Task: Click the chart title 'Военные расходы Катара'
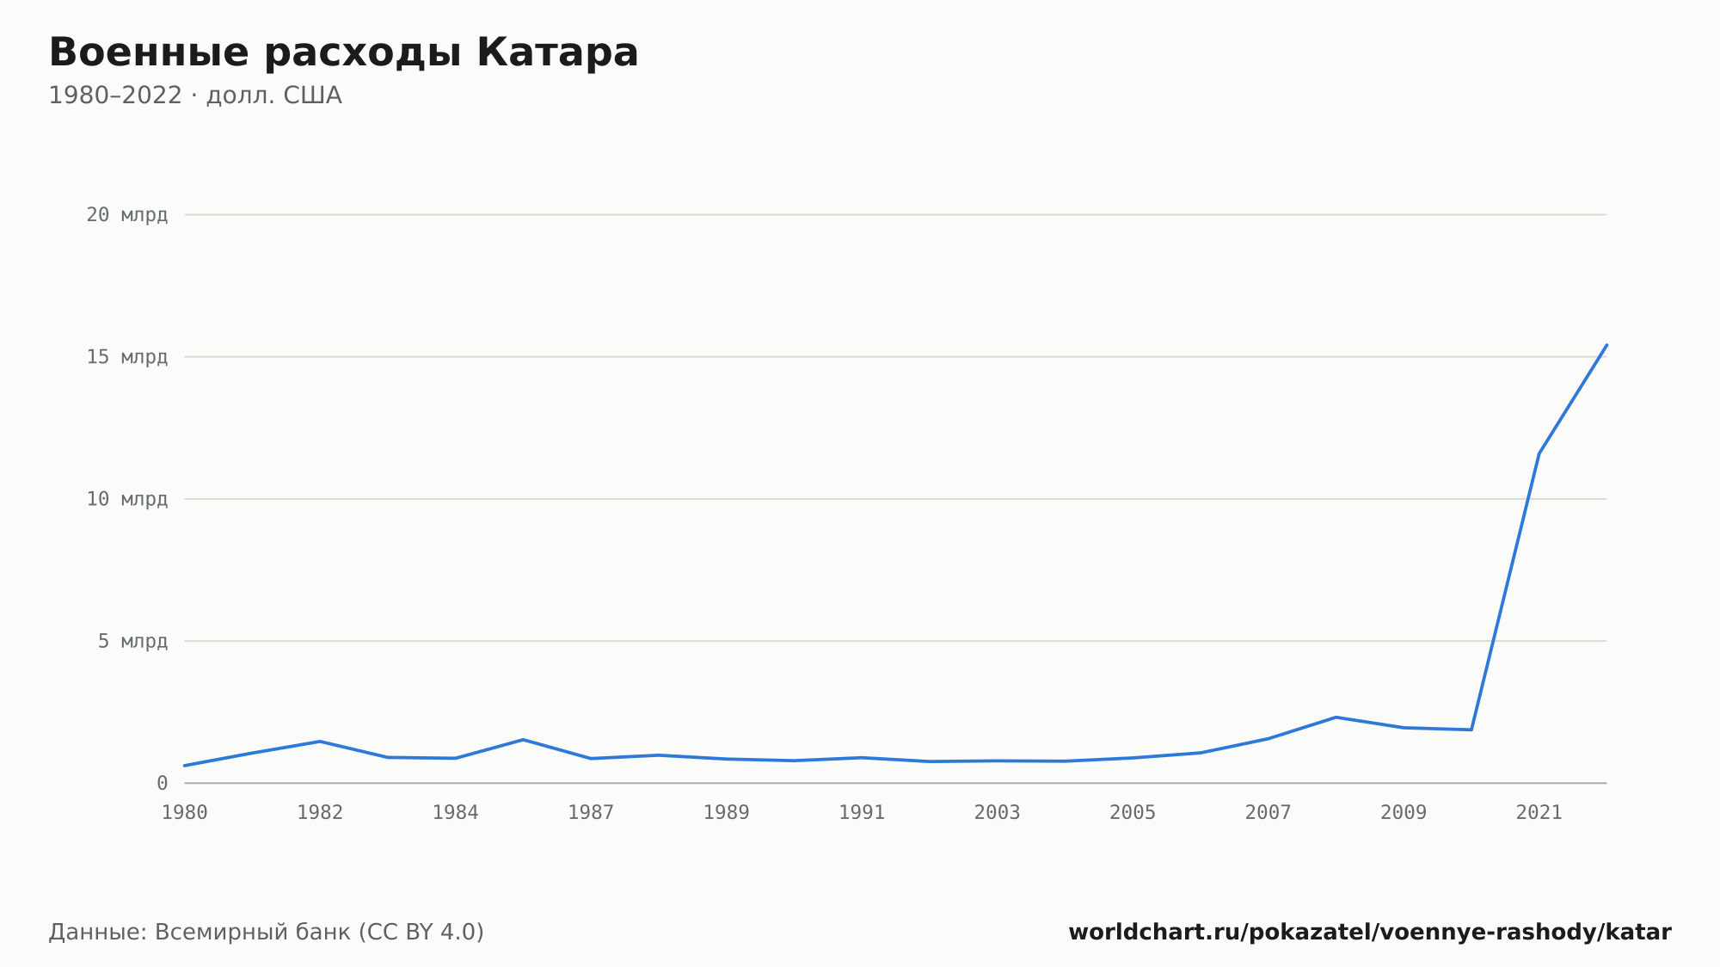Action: (343, 53)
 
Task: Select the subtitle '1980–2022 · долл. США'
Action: (195, 95)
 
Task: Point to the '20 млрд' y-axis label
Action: (127, 215)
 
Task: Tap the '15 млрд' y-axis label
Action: (127, 357)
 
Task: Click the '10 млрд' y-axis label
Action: (127, 499)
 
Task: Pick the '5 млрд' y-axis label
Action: (132, 641)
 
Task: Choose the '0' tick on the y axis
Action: (162, 783)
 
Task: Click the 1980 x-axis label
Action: (185, 813)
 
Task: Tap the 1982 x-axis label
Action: (320, 813)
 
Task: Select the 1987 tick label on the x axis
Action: (591, 813)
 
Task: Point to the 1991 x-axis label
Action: (862, 813)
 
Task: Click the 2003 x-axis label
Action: (998, 813)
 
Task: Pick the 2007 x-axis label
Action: (1268, 813)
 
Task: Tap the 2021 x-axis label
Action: (1539, 813)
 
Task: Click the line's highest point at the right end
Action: (1606, 345)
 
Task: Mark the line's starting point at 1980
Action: (185, 766)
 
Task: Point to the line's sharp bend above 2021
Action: (1539, 453)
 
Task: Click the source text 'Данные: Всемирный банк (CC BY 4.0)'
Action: (267, 933)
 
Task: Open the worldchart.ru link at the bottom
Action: (1370, 933)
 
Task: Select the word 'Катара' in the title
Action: (557, 53)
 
